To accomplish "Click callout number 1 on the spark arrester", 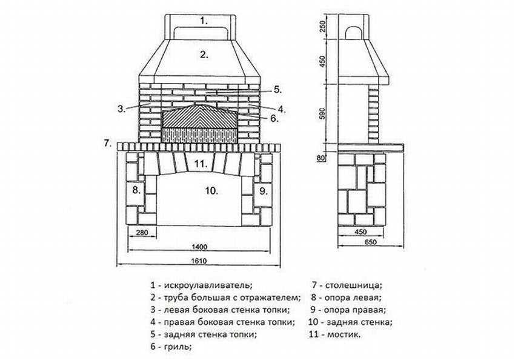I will pyautogui.click(x=204, y=20).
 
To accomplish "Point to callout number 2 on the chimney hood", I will pyautogui.click(x=204, y=54).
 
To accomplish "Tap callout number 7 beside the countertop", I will pyautogui.click(x=107, y=144).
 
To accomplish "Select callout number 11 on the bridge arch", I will pyautogui.click(x=201, y=164).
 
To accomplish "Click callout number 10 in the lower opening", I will pyautogui.click(x=211, y=190).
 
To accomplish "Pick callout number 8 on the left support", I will pyautogui.click(x=137, y=190).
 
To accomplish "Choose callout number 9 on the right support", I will pyautogui.click(x=263, y=190).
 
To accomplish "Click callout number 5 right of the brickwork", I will pyautogui.click(x=277, y=89).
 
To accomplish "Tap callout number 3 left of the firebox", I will pyautogui.click(x=121, y=109).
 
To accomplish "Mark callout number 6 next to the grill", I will pyautogui.click(x=274, y=119).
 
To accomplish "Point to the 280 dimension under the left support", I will pyautogui.click(x=143, y=233).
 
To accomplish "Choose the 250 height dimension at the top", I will pyautogui.click(x=323, y=27).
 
